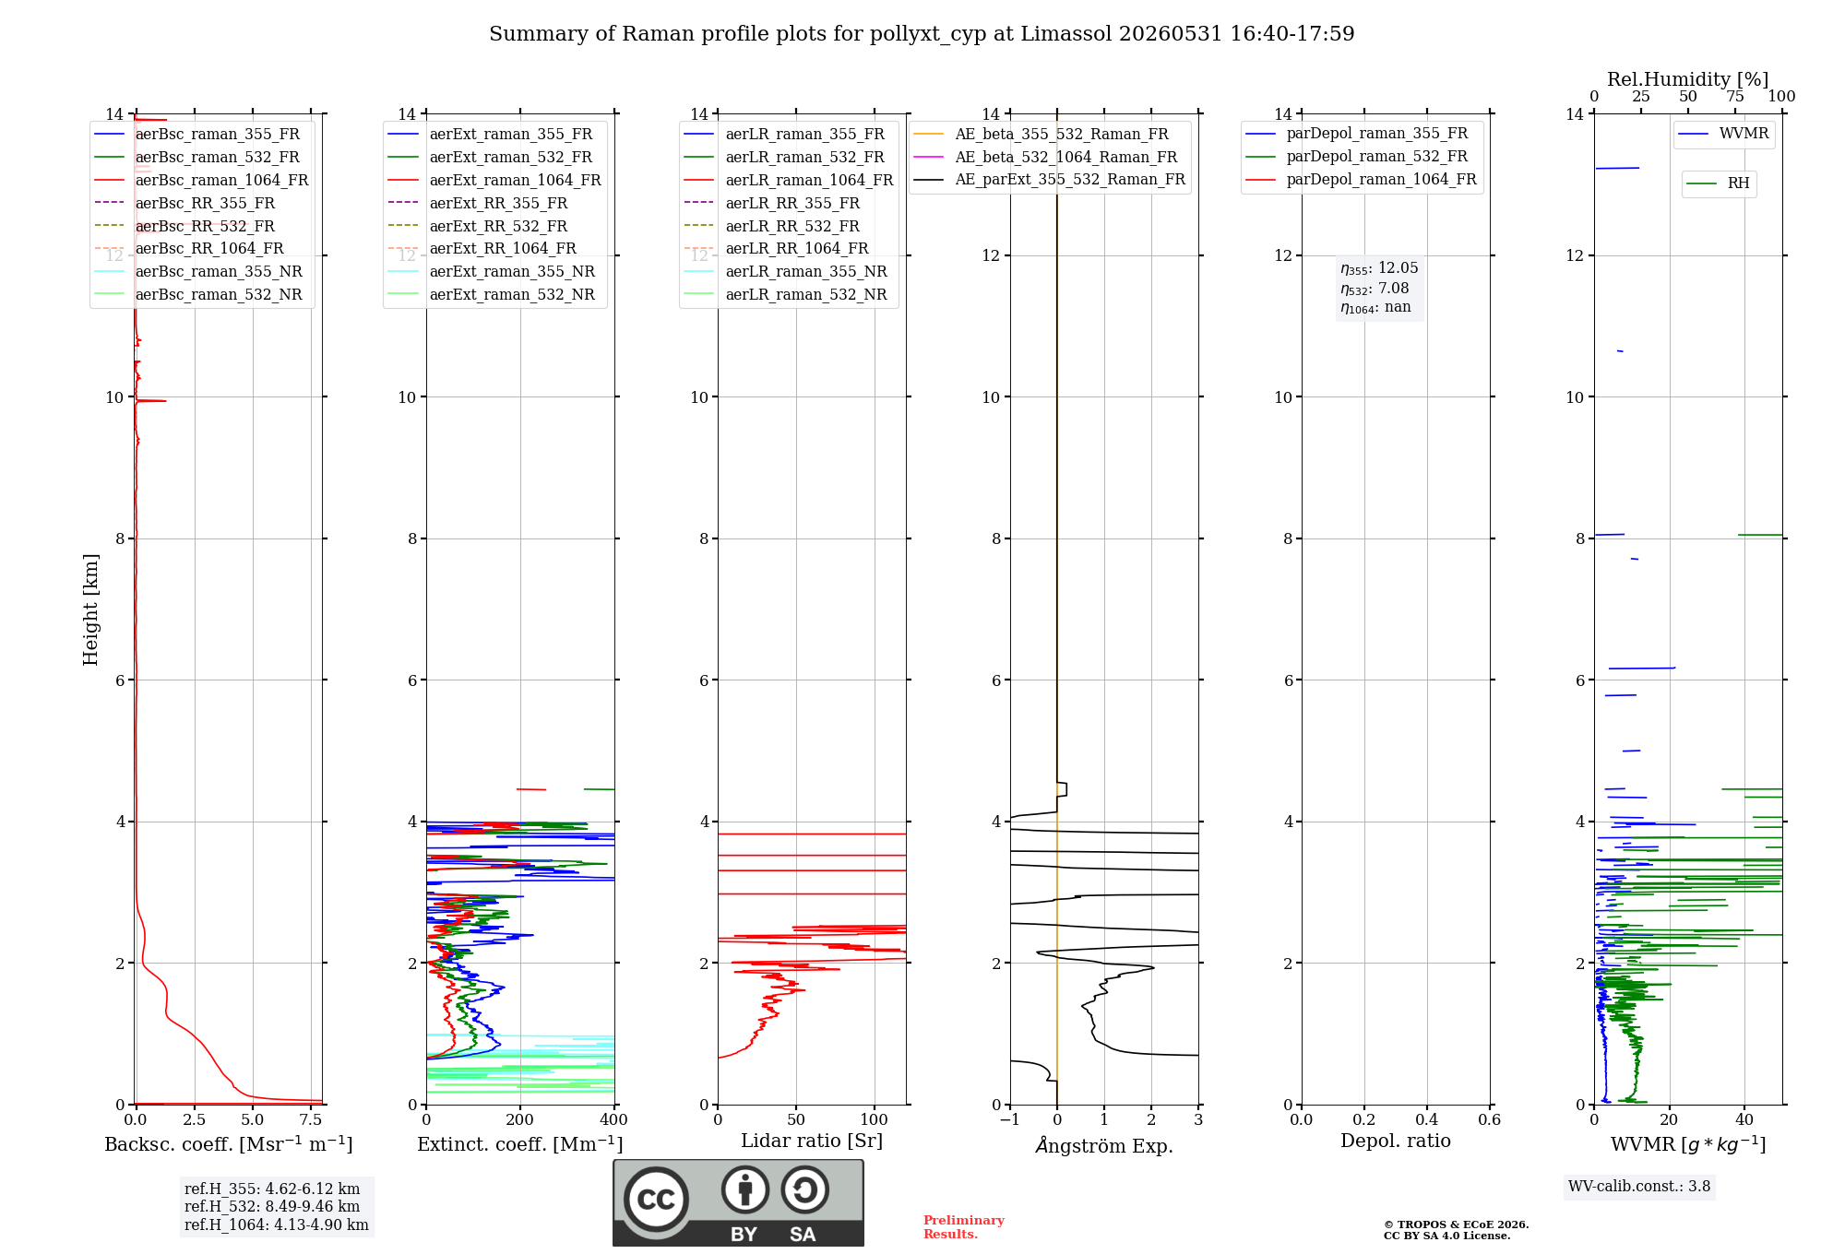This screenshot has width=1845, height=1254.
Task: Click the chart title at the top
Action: click(x=922, y=34)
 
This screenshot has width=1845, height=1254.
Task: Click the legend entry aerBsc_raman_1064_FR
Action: click(x=202, y=180)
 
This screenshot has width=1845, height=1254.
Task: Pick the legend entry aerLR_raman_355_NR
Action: click(x=786, y=271)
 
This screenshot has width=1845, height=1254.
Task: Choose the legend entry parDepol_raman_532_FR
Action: click(x=1357, y=157)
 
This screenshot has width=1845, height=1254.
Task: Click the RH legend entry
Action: click(x=1719, y=183)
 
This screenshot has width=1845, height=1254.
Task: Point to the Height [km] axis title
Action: click(x=90, y=609)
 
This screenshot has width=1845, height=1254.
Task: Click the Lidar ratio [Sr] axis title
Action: click(x=812, y=1141)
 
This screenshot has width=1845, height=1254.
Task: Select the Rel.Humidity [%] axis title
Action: click(x=1688, y=79)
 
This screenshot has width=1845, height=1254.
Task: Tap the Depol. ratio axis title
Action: click(x=1396, y=1141)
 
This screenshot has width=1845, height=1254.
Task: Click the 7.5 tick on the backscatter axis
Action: click(x=311, y=1119)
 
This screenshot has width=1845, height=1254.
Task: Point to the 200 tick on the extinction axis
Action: click(x=520, y=1119)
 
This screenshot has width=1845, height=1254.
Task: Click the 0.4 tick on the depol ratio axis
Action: click(x=1427, y=1119)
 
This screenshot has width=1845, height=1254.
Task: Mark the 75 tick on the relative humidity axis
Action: click(x=1735, y=97)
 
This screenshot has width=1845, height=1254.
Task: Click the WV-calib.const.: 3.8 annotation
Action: click(x=1639, y=1187)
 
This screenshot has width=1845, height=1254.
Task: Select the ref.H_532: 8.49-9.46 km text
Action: click(x=272, y=1207)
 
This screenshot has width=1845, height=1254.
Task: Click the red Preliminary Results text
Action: click(x=964, y=1227)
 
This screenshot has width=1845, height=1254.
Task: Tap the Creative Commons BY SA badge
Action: click(x=739, y=1203)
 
